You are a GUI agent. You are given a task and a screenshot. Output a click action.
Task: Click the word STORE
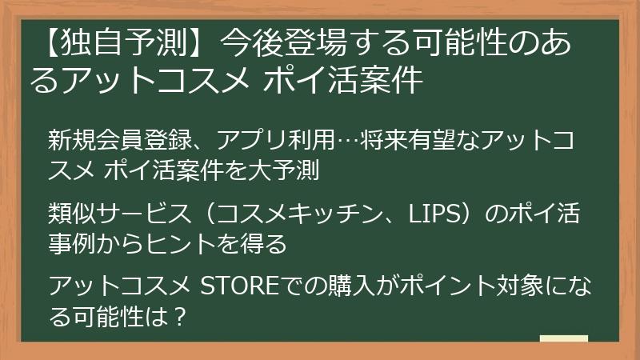pos(236,286)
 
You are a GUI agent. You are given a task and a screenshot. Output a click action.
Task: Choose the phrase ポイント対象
pos(474,286)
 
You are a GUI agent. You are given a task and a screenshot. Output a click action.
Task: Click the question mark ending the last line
pos(179,316)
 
